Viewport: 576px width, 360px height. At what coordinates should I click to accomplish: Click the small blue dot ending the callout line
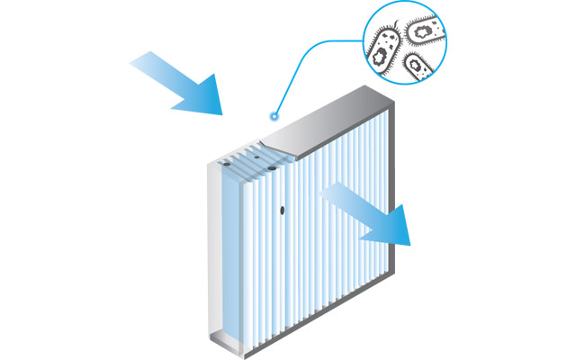[x=274, y=116]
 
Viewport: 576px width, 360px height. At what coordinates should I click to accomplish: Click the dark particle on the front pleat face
[x=283, y=210]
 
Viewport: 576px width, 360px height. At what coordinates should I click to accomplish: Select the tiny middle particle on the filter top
[x=256, y=156]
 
